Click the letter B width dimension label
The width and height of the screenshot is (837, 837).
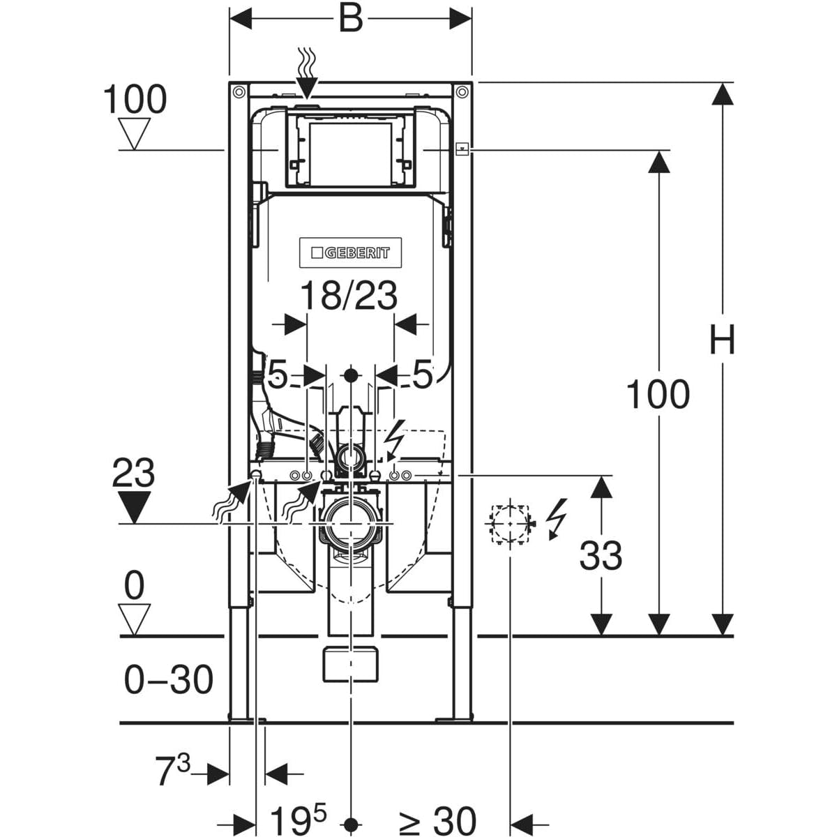click(351, 18)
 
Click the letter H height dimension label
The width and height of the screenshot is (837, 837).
click(722, 339)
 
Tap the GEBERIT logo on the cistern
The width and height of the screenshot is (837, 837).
click(351, 252)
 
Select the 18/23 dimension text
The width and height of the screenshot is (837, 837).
click(349, 295)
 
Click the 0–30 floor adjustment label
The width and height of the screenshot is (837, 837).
click(169, 680)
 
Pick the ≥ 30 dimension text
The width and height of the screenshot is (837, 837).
click(437, 820)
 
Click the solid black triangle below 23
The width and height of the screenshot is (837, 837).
click(134, 507)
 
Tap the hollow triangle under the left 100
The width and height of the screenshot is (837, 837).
click(134, 134)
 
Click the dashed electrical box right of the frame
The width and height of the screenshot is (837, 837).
click(509, 523)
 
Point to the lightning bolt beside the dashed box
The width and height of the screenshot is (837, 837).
click(557, 519)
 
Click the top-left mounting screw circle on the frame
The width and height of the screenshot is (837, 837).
click(239, 92)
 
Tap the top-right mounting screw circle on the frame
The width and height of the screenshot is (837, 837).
click(462, 92)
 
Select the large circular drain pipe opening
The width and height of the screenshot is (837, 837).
click(350, 524)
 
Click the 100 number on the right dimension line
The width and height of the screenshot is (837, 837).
click(658, 394)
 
